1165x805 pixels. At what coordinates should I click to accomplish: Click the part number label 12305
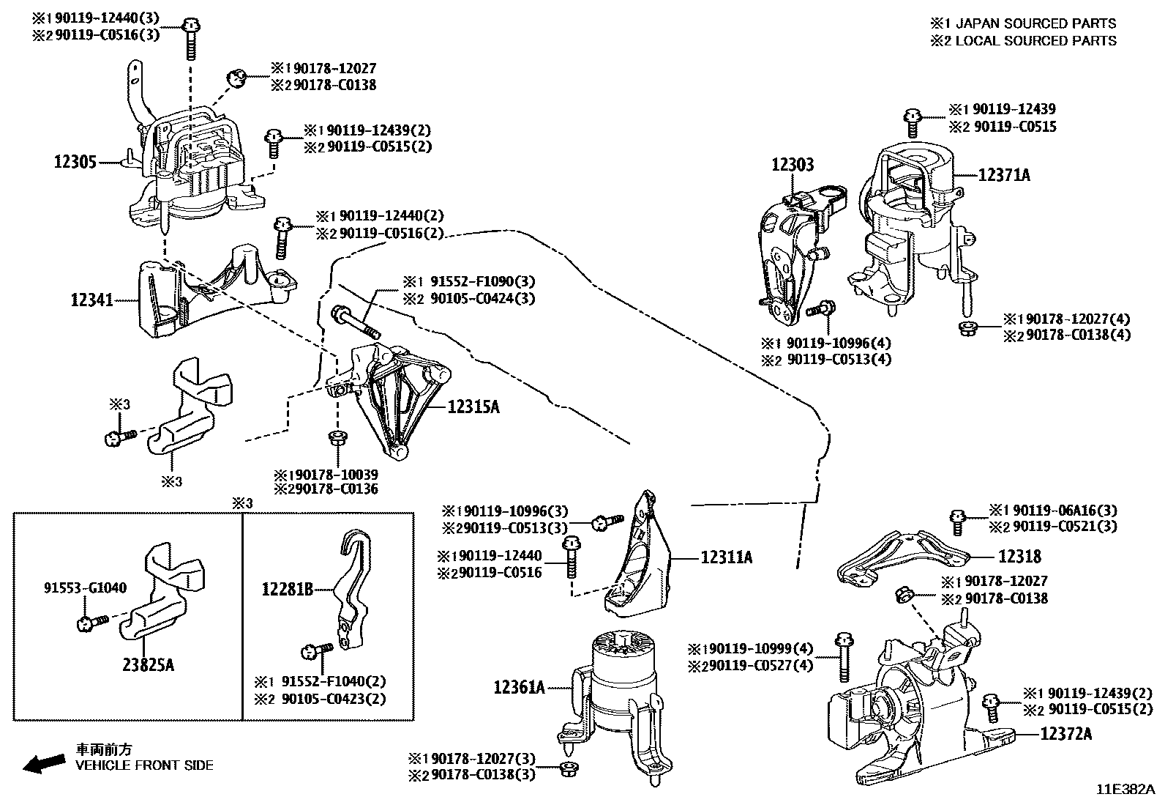75,161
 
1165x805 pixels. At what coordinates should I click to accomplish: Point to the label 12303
792,165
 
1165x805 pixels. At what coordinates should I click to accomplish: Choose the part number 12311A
726,557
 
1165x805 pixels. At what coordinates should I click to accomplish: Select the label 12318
1019,557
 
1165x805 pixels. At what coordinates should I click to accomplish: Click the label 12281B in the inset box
288,588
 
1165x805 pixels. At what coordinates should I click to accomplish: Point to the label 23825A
149,665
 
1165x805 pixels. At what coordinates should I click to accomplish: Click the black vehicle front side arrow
42,764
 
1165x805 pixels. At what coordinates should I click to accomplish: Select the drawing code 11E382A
1125,790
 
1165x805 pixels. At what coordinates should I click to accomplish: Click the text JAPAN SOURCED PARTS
1035,23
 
